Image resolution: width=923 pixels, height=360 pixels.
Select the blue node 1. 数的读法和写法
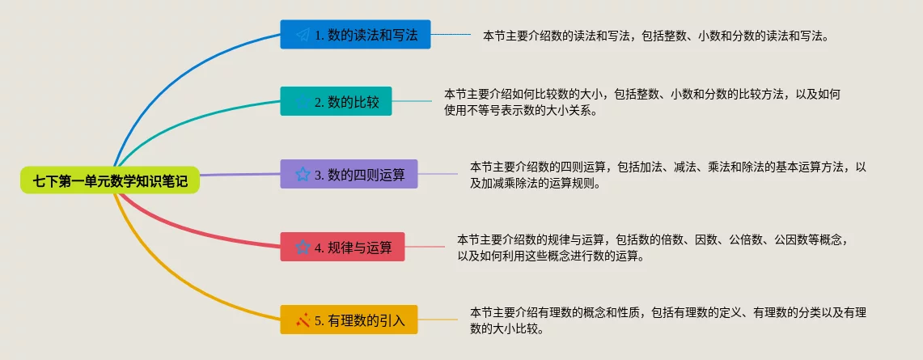coord(356,35)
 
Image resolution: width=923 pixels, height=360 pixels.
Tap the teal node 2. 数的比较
coord(337,102)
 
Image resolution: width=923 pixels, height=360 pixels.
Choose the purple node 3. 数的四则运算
coord(349,174)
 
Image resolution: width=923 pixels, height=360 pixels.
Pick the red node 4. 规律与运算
coord(343,247)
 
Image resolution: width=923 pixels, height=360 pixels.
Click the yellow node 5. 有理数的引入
coord(349,320)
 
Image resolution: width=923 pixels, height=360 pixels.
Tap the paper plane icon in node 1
coord(303,35)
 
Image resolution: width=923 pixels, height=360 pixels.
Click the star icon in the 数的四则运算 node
coord(303,174)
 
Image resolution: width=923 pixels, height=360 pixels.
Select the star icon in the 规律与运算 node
coord(303,247)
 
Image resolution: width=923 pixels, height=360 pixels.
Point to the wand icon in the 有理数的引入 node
coord(303,320)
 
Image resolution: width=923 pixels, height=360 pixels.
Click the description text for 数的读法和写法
coord(655,36)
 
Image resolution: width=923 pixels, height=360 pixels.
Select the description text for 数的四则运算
coord(668,175)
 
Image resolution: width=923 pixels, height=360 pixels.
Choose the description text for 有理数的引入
coord(668,320)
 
